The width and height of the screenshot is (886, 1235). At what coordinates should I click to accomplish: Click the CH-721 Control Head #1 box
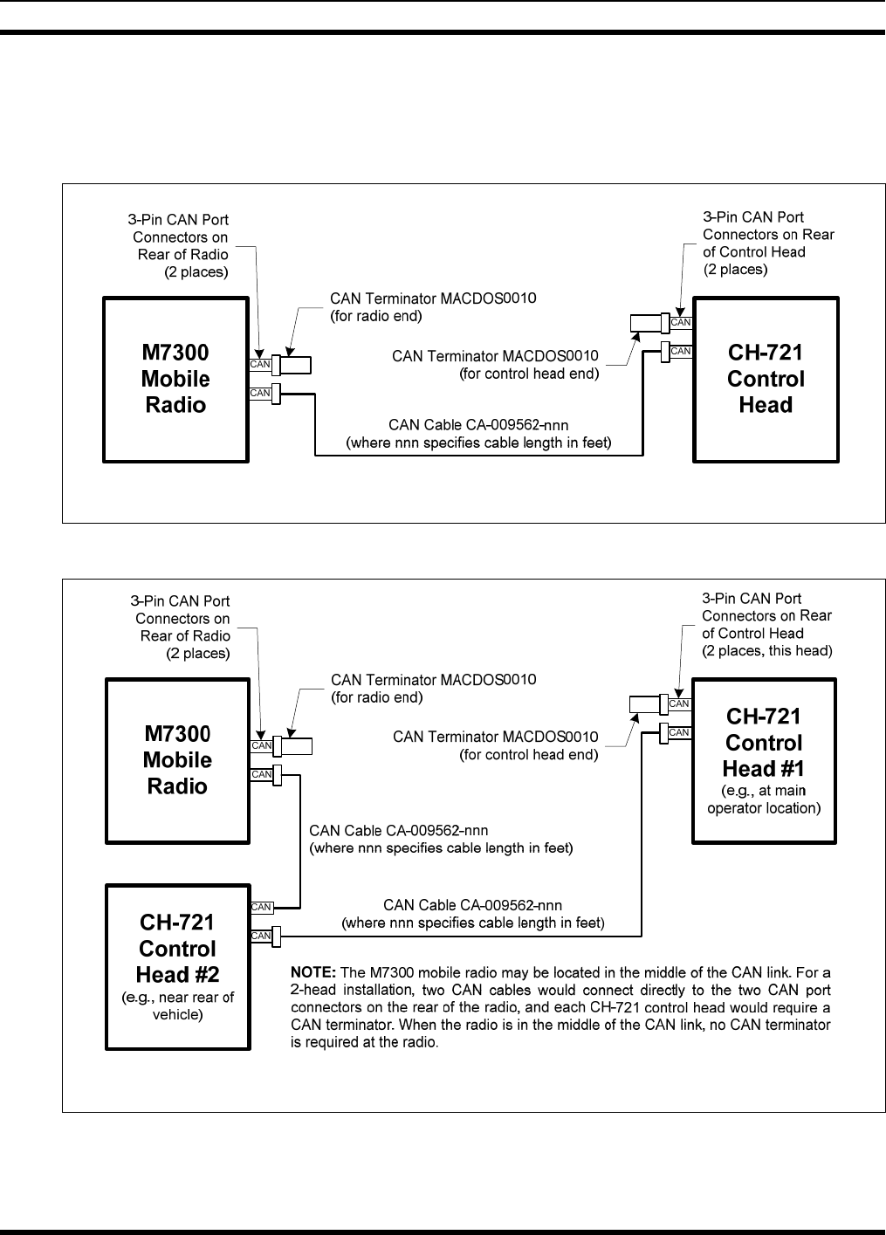[x=764, y=759]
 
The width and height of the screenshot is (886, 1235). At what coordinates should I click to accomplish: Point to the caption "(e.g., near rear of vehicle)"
[x=177, y=1006]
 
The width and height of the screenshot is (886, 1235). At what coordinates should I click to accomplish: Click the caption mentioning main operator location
[x=764, y=799]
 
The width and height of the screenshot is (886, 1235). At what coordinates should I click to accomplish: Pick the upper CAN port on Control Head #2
[x=261, y=907]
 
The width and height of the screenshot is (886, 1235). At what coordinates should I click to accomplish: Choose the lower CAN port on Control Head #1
[x=679, y=732]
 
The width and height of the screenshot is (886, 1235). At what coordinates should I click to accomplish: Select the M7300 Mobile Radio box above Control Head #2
[x=177, y=759]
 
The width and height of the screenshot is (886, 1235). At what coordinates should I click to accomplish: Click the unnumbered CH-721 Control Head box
[x=766, y=379]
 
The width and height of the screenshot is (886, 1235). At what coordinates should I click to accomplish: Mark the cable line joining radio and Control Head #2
[x=300, y=838]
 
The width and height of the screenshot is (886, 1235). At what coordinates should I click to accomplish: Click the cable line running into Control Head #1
[x=642, y=838]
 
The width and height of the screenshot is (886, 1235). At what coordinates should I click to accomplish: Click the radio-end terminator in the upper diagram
[x=295, y=365]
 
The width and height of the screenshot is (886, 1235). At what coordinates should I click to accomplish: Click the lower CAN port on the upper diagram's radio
[x=260, y=394]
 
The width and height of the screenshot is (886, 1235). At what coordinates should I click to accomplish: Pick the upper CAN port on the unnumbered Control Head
[x=680, y=323]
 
